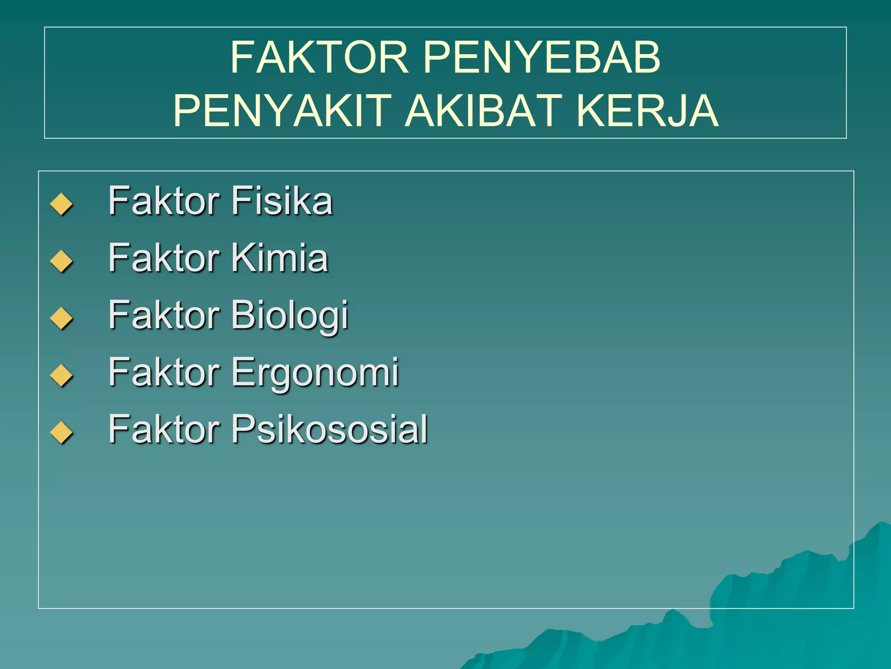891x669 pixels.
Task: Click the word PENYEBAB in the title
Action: pos(542,57)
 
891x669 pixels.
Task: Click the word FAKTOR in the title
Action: pos(319,57)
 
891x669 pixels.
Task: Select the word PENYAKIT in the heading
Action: pos(282,111)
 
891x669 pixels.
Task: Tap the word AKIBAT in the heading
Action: pos(483,111)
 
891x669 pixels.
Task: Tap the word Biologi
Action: pos(289,315)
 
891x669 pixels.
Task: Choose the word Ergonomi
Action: pos(315,373)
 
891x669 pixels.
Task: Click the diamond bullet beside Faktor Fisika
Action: pos(61,204)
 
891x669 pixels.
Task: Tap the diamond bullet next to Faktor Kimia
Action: pos(61,261)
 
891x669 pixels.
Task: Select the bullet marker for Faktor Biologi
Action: pos(61,318)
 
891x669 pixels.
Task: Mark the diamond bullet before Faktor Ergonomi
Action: pos(61,375)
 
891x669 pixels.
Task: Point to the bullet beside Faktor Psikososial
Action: pos(61,432)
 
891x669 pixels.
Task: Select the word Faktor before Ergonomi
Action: pos(164,372)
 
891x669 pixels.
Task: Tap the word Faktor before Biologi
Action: pos(164,315)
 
